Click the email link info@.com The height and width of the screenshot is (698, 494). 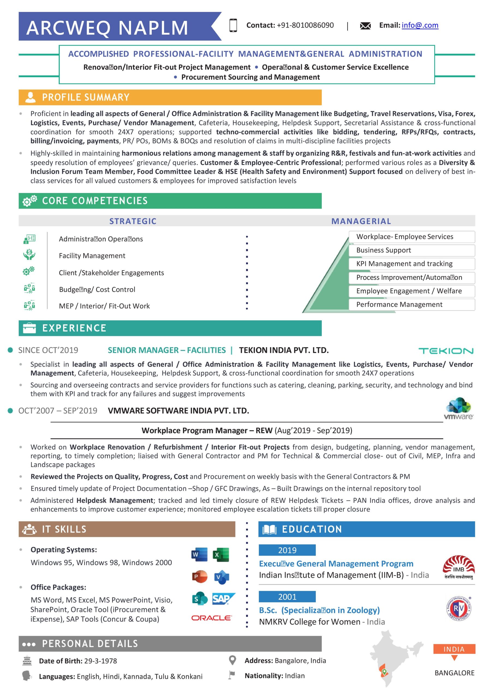pos(420,25)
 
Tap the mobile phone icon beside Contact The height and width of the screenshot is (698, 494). pos(233,25)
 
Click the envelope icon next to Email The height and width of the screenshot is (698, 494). pos(365,26)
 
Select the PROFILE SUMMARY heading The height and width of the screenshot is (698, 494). pos(85,97)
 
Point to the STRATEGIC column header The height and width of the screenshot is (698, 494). pos(133,221)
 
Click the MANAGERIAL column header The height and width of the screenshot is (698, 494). pos(361,221)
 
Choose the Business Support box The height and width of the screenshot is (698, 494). pos(411,250)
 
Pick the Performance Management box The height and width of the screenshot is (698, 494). pos(411,304)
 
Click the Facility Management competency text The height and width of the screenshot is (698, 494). pos(92,256)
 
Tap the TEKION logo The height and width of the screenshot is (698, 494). pos(446,351)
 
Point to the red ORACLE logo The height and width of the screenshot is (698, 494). pos(211,618)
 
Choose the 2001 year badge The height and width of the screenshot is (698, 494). pos(287,597)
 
